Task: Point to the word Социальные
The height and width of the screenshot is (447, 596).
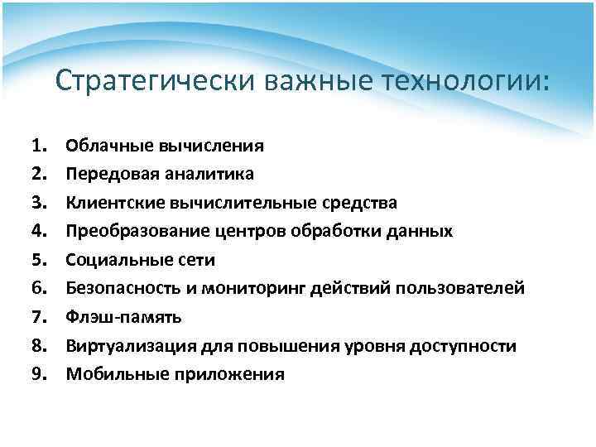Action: point(113,260)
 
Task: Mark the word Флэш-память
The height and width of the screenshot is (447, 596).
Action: point(124,317)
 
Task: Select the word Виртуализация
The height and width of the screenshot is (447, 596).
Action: point(130,346)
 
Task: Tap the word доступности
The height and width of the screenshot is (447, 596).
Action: point(468,346)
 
